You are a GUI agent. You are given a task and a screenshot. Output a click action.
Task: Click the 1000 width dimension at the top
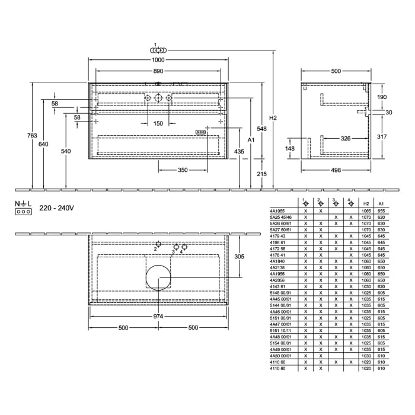click(x=157, y=60)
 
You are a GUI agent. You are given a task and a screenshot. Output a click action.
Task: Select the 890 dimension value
click(x=157, y=71)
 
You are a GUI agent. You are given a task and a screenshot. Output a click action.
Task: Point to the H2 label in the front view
click(x=273, y=118)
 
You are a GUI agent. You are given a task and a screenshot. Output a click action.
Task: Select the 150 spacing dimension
click(x=158, y=123)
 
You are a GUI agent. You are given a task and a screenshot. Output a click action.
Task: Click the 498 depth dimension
click(x=336, y=170)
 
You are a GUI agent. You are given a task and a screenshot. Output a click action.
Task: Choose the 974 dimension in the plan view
click(x=158, y=317)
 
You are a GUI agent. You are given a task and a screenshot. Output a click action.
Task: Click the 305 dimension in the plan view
click(x=240, y=257)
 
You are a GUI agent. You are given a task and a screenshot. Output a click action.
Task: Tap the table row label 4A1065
click(x=277, y=210)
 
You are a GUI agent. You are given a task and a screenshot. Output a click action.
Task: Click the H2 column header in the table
click(x=366, y=203)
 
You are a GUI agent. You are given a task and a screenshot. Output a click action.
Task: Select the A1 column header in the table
click(x=381, y=203)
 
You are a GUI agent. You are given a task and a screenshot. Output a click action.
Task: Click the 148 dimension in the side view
click(x=290, y=148)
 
